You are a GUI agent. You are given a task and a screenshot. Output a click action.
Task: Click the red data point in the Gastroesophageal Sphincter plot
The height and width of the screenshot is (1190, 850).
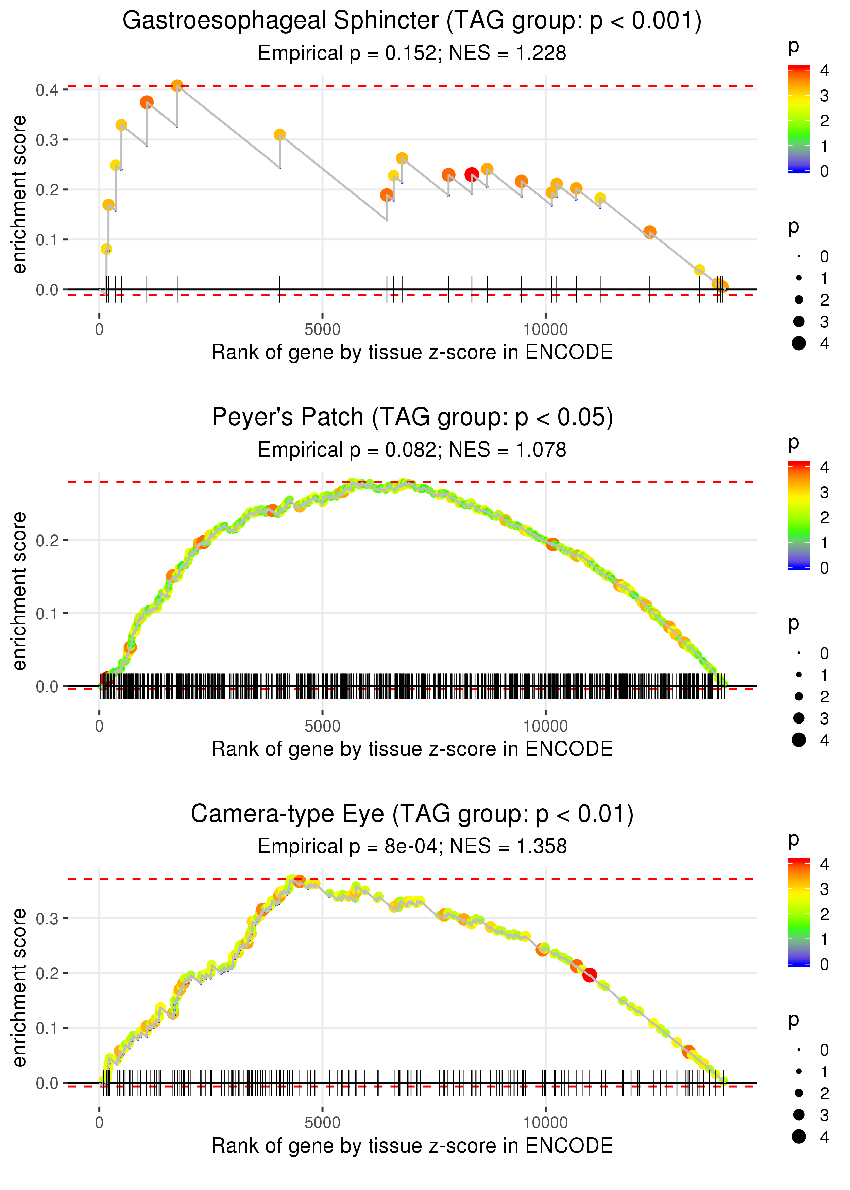pyautogui.click(x=472, y=174)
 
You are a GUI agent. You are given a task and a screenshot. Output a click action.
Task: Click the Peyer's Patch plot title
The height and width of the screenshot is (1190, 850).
pyautogui.click(x=412, y=418)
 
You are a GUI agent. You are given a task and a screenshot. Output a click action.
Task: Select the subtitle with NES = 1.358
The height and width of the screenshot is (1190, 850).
pyautogui.click(x=412, y=846)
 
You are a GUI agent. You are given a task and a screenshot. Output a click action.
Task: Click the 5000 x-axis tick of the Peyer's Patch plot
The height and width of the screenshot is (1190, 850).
pyautogui.click(x=322, y=726)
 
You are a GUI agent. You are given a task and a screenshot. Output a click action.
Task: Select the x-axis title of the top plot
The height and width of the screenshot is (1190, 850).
pyautogui.click(x=412, y=352)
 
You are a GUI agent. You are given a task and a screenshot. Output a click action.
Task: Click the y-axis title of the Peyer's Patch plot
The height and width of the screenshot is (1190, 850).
pyautogui.click(x=19, y=591)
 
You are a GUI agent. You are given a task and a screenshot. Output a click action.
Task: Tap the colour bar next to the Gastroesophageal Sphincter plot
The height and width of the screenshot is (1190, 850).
pyautogui.click(x=798, y=119)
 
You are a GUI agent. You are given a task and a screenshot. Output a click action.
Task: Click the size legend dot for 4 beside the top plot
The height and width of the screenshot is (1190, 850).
pyautogui.click(x=799, y=343)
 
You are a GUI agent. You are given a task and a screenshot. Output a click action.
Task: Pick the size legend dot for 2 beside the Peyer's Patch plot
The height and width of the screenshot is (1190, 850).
pyautogui.click(x=799, y=697)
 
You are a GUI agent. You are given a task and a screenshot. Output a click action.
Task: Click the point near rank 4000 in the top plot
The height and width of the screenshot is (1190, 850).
pyautogui.click(x=280, y=135)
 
